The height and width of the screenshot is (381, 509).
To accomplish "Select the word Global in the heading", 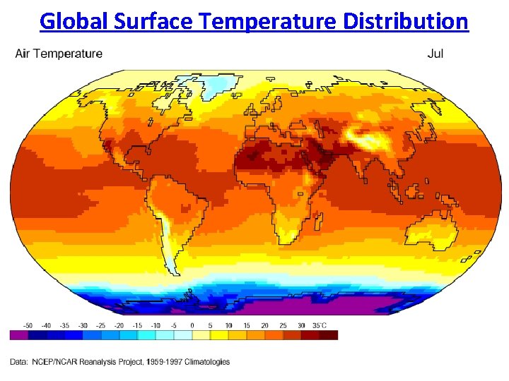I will pos(73,21).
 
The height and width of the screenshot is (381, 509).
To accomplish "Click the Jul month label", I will pos(435,54).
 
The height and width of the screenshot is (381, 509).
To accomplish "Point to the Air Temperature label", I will pos(59,54).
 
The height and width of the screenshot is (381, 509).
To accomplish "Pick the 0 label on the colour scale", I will pos(192,325).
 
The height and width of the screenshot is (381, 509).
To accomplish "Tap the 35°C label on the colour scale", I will pos(320,325).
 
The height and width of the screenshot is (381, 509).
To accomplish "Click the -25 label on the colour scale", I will pos(101,325).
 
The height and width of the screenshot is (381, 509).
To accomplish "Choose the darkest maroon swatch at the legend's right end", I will pos(329,335).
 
